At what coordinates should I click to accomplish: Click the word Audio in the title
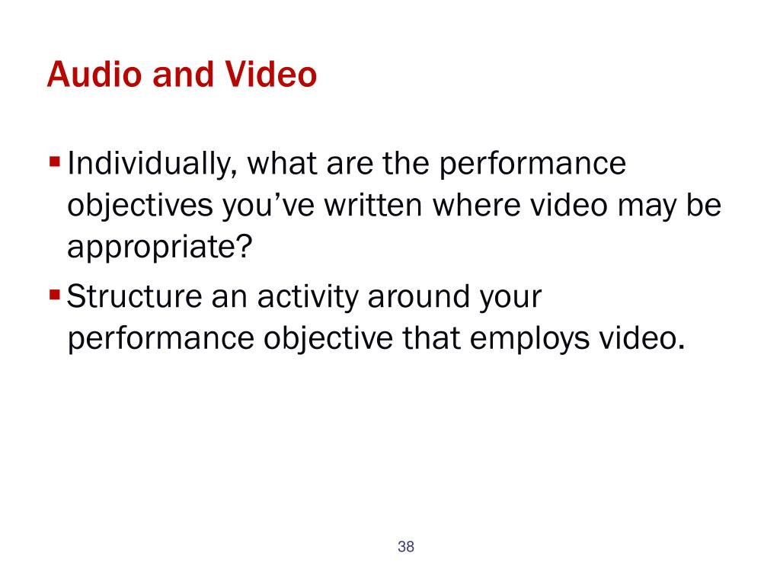pyautogui.click(x=94, y=75)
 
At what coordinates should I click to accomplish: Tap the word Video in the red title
pyautogui.click(x=270, y=75)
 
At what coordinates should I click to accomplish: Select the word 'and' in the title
pyautogui.click(x=183, y=75)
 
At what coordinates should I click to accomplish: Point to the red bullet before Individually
pyautogui.click(x=55, y=162)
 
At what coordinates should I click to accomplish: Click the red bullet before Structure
pyautogui.click(x=55, y=295)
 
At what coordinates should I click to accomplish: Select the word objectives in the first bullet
pyautogui.click(x=140, y=206)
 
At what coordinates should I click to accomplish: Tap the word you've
pyautogui.click(x=268, y=206)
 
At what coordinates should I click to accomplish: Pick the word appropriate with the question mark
pyautogui.click(x=160, y=248)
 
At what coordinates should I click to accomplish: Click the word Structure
pyautogui.click(x=134, y=296)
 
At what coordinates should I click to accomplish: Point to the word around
pyautogui.click(x=418, y=298)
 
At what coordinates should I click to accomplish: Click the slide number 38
pyautogui.click(x=406, y=547)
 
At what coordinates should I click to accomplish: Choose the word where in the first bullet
pyautogui.click(x=476, y=205)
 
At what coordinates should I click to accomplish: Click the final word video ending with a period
pyautogui.click(x=642, y=338)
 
